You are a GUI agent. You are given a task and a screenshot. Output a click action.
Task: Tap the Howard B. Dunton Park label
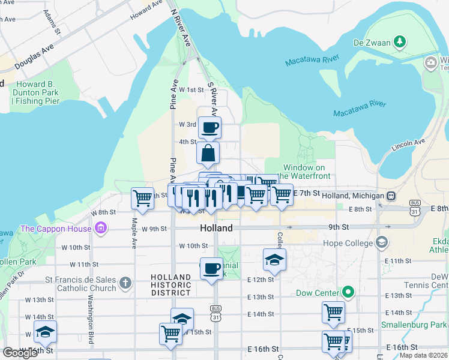(x=38, y=92)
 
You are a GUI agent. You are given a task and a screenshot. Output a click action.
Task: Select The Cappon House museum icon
(x=100, y=229)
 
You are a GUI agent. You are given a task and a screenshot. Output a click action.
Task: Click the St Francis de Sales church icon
(x=125, y=282)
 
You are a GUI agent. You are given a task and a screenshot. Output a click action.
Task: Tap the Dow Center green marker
(x=348, y=293)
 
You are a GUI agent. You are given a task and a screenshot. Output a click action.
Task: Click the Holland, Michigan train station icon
(x=391, y=196)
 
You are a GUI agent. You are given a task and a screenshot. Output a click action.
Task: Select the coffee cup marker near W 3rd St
(x=209, y=127)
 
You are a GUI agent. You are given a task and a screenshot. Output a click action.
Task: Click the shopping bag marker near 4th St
(x=208, y=153)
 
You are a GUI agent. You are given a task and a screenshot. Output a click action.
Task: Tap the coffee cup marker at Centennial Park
(x=211, y=268)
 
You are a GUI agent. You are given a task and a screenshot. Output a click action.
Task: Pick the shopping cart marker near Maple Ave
(x=142, y=197)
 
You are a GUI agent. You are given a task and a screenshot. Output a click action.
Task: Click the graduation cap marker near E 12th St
(x=274, y=259)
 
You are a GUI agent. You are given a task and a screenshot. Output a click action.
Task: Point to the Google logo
(x=20, y=352)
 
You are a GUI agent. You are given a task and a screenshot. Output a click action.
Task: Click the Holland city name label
(x=216, y=229)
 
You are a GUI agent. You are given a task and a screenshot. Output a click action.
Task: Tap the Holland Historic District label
(x=171, y=285)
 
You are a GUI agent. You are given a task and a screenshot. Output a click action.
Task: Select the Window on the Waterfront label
(x=306, y=172)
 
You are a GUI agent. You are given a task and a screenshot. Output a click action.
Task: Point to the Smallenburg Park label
(x=414, y=325)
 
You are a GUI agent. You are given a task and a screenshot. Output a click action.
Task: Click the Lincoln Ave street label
(x=408, y=144)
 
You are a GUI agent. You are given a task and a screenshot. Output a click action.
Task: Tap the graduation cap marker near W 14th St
(x=182, y=319)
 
